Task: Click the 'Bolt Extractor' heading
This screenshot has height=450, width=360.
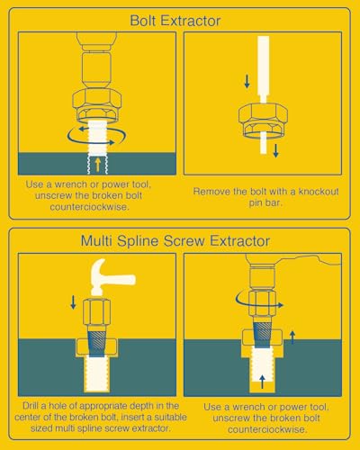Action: click(175, 21)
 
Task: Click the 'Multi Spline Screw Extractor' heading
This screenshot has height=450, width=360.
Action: click(175, 241)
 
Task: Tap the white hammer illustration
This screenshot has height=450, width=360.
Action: click(112, 276)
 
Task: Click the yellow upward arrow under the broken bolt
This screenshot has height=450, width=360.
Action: click(97, 165)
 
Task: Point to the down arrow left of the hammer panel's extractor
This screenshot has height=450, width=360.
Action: click(73, 302)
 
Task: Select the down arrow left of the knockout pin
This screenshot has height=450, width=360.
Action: click(247, 82)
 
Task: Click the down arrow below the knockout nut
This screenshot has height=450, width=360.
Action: click(275, 151)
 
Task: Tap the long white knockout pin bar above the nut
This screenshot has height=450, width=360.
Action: click(263, 69)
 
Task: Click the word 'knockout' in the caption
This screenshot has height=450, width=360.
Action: click(319, 192)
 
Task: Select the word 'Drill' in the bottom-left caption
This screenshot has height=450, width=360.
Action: click(31, 406)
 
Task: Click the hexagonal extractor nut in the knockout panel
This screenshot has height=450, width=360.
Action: click(263, 120)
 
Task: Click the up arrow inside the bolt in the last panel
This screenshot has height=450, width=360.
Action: click(262, 382)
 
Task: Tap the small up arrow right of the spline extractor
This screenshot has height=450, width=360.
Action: click(292, 337)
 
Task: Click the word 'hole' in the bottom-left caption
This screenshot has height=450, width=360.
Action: click(58, 406)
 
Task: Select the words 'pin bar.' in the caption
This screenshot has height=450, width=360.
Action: click(265, 203)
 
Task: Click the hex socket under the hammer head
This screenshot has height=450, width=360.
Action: click(97, 312)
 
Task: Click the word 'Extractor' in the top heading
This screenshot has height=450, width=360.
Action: click(191, 21)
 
